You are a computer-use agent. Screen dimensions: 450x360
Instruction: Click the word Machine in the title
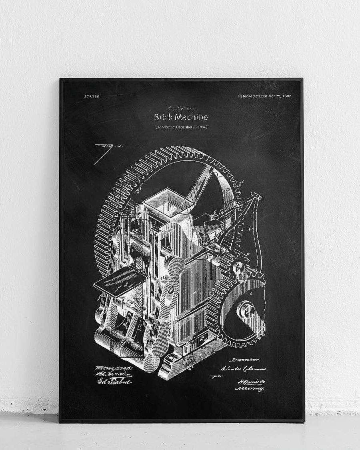(x=191, y=118)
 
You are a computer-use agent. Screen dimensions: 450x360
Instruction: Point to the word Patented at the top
(x=246, y=96)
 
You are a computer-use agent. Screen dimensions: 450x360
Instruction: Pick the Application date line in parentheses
(x=181, y=127)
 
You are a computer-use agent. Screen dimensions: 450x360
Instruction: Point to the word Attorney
(x=250, y=388)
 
